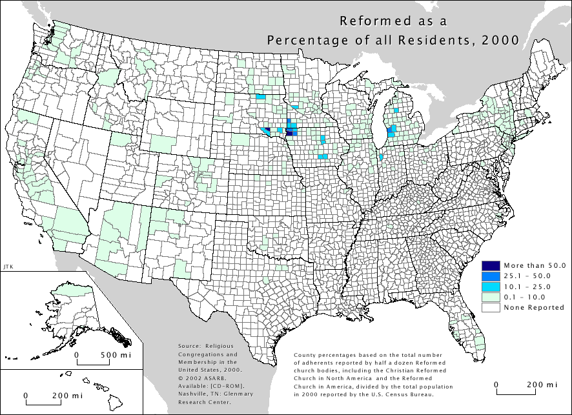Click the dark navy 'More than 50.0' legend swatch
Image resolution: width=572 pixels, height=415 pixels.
pyautogui.click(x=491, y=265)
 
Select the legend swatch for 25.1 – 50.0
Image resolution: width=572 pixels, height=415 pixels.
pyautogui.click(x=491, y=276)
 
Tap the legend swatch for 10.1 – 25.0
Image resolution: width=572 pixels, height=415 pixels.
pyautogui.click(x=491, y=286)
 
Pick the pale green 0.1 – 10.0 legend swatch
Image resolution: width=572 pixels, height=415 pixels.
pyautogui.click(x=491, y=296)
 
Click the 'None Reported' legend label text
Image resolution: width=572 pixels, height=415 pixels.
pyautogui.click(x=534, y=307)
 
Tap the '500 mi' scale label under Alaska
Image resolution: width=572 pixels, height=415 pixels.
pyautogui.click(x=116, y=356)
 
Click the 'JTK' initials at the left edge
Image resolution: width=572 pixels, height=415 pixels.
pyautogui.click(x=8, y=266)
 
